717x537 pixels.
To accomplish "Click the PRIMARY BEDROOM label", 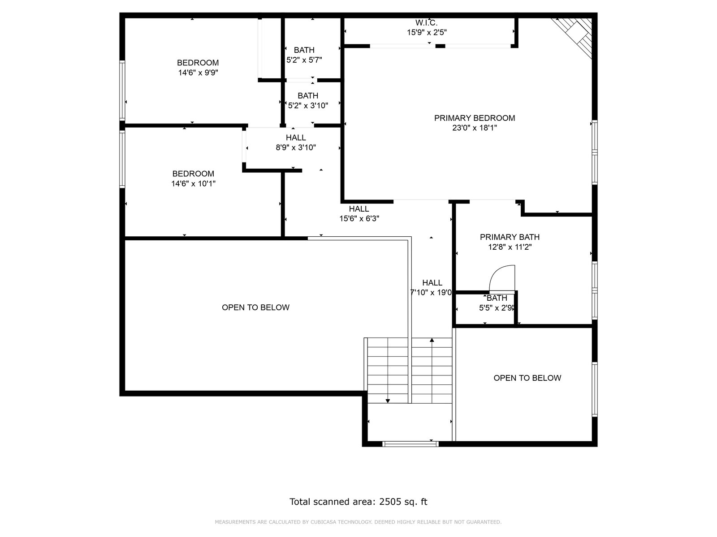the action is coord(474,118).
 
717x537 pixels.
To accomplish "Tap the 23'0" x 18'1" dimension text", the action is coord(474,128).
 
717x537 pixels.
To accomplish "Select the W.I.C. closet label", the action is coord(426,23).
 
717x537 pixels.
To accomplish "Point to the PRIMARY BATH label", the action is coord(510,237).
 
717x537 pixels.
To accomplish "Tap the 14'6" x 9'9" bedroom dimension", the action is coord(198,72).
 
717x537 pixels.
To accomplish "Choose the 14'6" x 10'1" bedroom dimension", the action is coord(194,183).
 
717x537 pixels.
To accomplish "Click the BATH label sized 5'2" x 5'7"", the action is coord(304,50).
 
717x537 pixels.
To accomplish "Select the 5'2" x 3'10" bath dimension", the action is coord(308,106).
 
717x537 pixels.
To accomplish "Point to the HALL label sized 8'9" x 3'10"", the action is coord(296,137).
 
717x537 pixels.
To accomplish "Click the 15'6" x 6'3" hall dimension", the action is coord(359,218).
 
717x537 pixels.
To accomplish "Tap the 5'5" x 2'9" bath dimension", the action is coord(497,308).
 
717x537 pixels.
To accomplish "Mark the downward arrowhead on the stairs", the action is coord(388,401).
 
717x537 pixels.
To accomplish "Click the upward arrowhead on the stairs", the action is coord(432,340).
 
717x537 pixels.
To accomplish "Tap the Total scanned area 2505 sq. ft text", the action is coord(358,502).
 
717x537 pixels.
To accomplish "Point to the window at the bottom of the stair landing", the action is coord(410,444).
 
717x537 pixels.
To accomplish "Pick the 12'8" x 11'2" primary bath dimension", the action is coord(510,247).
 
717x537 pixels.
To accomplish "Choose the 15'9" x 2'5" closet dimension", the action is coord(427,33).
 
